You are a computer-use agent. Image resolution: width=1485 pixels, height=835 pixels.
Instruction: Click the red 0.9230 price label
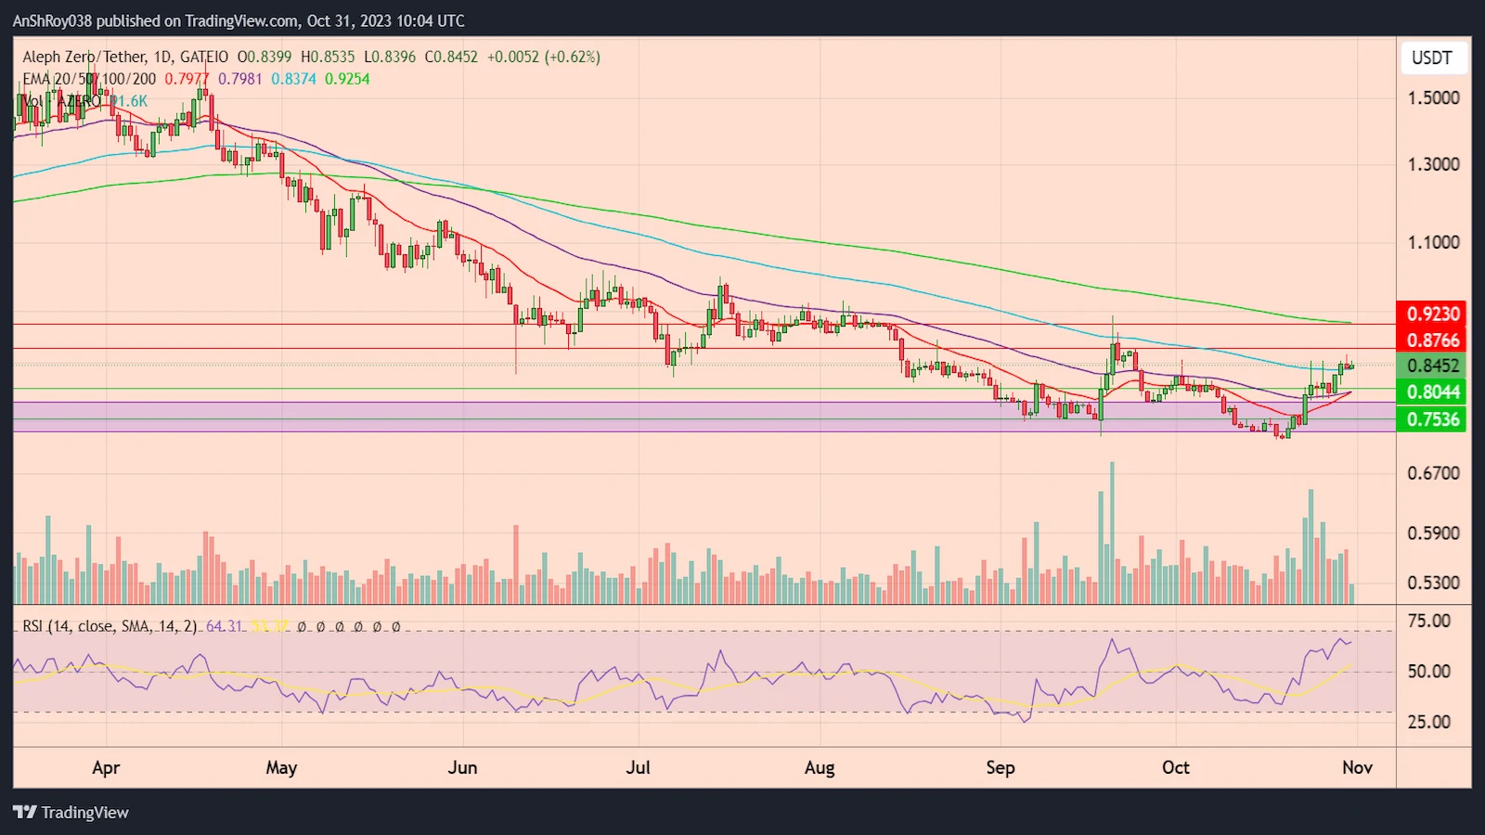(x=1432, y=315)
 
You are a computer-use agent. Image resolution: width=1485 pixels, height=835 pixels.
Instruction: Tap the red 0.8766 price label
(x=1432, y=340)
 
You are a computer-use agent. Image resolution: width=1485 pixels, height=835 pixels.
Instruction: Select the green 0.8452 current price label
(x=1432, y=366)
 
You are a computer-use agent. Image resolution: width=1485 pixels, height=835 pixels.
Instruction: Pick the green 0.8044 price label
(x=1432, y=392)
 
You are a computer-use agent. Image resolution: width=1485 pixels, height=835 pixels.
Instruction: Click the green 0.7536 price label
(x=1432, y=419)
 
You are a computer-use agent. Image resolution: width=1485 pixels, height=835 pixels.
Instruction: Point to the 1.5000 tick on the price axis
(x=1433, y=98)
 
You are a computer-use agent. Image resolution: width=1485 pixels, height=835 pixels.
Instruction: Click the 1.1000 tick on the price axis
(x=1433, y=243)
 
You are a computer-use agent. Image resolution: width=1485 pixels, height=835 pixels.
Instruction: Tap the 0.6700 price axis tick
(x=1433, y=474)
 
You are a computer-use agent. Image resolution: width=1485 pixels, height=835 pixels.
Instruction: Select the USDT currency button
(x=1431, y=58)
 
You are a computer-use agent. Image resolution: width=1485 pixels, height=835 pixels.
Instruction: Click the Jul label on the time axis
(x=638, y=768)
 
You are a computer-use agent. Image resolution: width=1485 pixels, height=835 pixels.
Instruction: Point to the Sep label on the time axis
(x=1000, y=768)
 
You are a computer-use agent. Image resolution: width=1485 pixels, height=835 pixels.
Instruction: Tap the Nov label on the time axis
(x=1357, y=768)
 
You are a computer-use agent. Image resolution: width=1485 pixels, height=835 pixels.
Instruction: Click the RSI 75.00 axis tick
(x=1428, y=622)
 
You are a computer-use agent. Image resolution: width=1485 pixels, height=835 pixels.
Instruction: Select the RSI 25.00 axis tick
(x=1428, y=722)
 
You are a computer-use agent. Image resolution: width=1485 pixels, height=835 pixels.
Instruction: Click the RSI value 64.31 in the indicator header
(x=224, y=627)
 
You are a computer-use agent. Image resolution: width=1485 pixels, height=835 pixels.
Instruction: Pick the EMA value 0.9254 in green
(x=347, y=80)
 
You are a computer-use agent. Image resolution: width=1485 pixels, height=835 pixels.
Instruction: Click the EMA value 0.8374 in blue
(x=293, y=80)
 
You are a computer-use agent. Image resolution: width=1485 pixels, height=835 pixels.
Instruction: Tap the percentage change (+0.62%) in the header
(x=572, y=58)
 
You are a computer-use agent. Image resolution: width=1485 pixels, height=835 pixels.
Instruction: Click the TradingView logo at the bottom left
(x=71, y=813)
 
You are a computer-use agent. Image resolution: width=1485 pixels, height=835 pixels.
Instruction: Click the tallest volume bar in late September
(x=1112, y=533)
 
